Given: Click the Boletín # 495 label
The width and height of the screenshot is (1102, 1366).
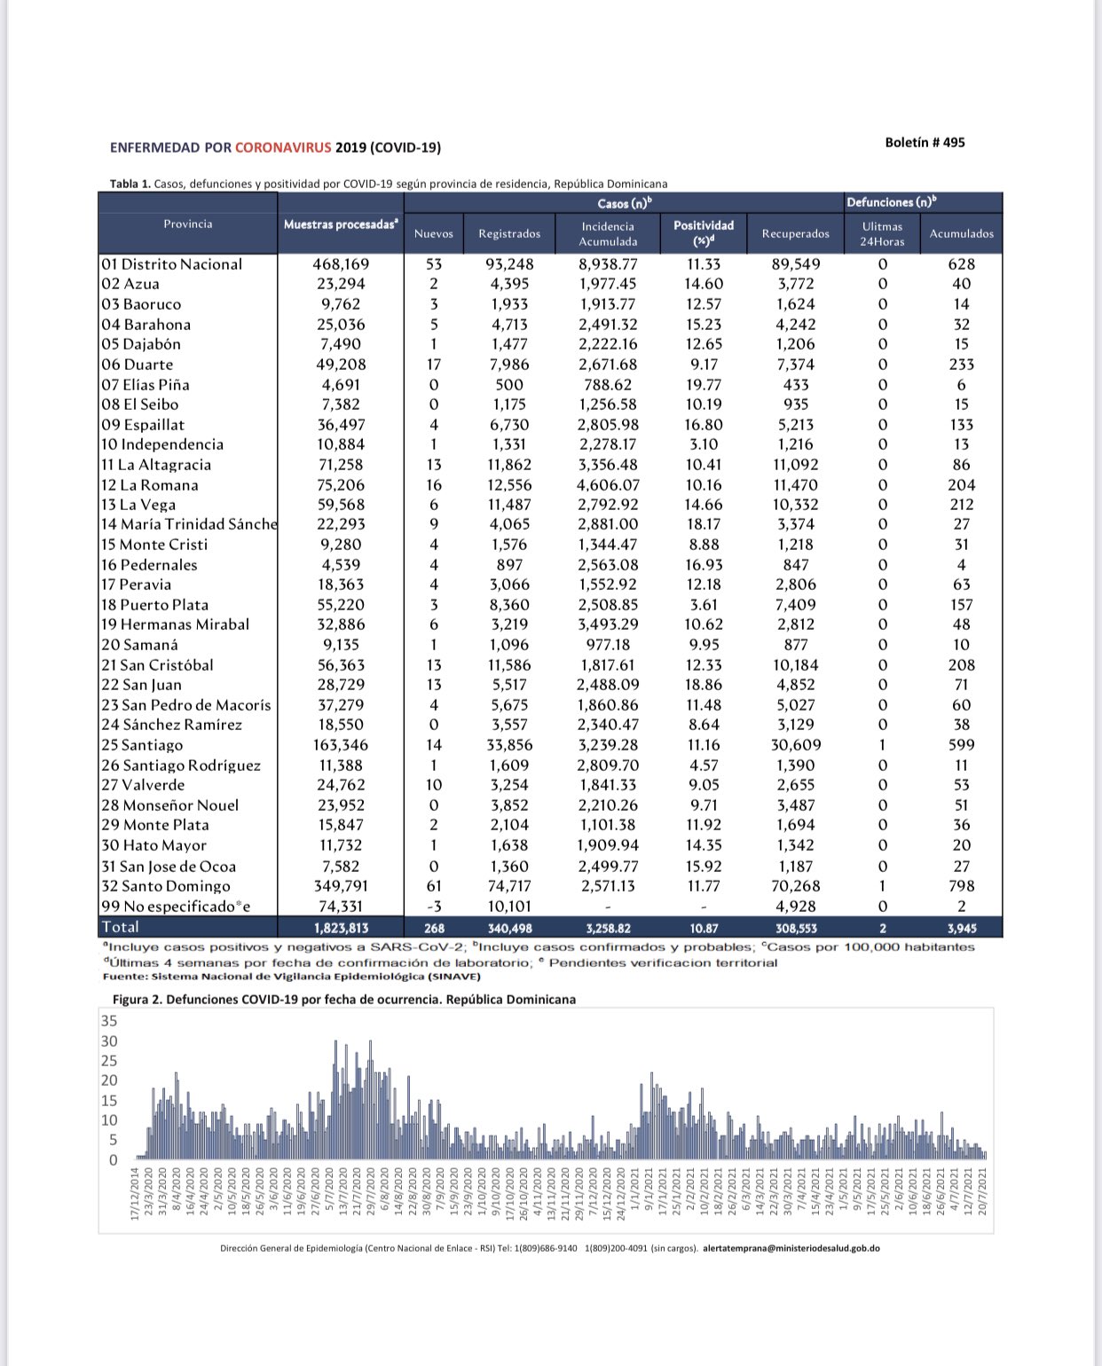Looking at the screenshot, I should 925,142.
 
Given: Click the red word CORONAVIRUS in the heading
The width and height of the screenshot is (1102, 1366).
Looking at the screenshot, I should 283,147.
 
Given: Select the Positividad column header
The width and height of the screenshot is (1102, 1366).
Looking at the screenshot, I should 704,232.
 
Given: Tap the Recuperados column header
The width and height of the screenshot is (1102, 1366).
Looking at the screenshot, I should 796,233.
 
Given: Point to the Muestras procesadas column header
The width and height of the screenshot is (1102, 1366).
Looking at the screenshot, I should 341,224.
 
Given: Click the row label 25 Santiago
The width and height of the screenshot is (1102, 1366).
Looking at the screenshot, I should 142,745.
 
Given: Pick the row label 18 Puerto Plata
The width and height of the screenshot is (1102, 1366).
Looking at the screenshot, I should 154,605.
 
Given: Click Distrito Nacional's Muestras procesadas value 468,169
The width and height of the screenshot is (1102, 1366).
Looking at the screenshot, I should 341,264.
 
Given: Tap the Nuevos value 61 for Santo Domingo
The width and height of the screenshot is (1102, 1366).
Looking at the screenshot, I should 434,886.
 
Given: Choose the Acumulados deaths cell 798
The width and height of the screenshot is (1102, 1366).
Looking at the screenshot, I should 961,886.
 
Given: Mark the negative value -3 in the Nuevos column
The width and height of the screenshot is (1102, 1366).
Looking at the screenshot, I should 434,907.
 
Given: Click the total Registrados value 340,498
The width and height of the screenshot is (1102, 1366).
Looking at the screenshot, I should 509,928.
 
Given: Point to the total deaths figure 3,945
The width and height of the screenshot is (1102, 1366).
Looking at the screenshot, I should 961,928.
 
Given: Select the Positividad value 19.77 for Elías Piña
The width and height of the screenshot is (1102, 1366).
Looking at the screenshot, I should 704,385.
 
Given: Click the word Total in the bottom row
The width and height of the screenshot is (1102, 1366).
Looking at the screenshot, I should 120,927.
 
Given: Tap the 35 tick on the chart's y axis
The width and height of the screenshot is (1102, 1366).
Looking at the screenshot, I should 109,1021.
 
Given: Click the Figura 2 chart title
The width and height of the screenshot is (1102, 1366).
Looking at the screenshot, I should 344,999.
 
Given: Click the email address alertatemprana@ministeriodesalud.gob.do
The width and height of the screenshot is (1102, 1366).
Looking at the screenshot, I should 791,1248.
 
